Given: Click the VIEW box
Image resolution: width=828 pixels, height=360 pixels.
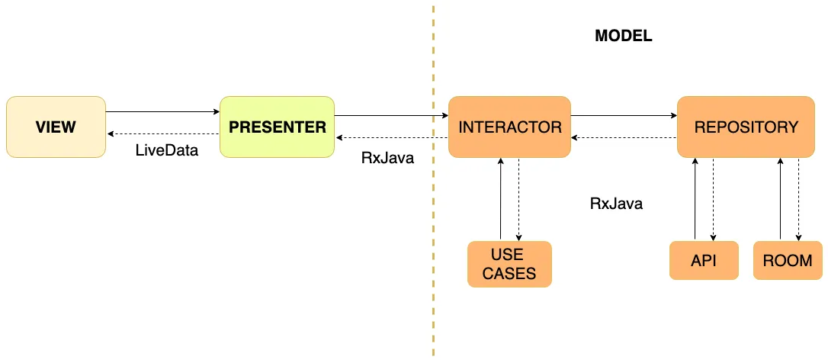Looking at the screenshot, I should pos(56,127).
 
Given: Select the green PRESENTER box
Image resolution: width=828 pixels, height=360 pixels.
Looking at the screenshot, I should pos(277,127).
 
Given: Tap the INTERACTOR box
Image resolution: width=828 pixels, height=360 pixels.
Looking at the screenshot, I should pos(509,127).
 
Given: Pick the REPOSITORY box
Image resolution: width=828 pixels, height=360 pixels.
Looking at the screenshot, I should pos(746,127).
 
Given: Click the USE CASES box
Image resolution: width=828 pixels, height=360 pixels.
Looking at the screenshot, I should pos(509,264).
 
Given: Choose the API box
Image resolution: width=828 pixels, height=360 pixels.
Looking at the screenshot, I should pos(704,260).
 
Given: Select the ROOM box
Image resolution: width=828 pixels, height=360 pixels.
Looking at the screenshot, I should pos(788,260).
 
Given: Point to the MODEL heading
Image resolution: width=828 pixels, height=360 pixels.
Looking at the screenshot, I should pos(623,36).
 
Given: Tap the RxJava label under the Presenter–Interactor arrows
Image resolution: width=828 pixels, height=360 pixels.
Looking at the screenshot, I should pos(387,159).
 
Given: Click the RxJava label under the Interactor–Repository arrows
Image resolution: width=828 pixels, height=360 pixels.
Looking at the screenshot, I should pos(616,204).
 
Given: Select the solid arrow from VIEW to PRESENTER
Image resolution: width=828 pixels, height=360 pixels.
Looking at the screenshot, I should pos(162,112).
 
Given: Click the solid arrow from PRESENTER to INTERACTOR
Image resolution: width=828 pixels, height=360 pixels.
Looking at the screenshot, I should pos(391,116).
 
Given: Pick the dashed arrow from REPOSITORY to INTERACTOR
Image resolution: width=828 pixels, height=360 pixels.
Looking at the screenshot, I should pos(624,138).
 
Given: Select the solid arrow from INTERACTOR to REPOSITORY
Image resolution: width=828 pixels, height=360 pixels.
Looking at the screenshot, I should pos(624,116).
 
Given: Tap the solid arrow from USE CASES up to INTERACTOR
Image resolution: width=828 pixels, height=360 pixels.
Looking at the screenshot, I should pos(500,199).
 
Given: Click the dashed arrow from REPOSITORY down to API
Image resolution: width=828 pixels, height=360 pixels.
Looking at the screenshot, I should pos(714,199).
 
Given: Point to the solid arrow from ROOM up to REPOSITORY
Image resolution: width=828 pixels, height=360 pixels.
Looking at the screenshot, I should pos(780,199).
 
